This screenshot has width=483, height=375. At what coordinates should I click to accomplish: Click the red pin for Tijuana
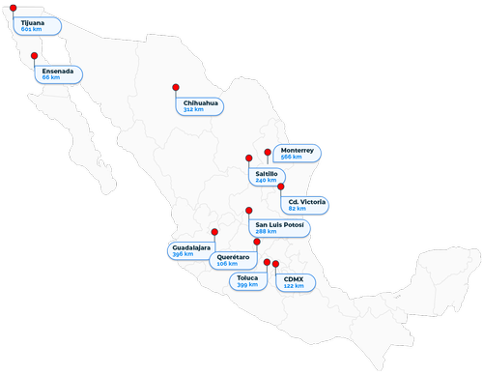click(x=13, y=8)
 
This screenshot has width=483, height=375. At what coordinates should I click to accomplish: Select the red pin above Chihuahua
click(x=176, y=86)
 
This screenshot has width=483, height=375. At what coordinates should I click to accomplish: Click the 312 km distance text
click(x=193, y=110)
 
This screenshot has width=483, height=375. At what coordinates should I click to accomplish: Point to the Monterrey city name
click(x=297, y=150)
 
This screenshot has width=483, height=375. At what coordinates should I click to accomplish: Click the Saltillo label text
click(x=268, y=173)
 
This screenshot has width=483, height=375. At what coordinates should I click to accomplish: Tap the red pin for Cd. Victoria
click(x=281, y=187)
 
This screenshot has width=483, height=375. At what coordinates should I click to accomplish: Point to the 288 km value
click(x=265, y=232)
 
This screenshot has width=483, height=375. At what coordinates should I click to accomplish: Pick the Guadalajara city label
click(x=191, y=247)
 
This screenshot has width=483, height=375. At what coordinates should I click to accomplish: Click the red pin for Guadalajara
click(x=214, y=232)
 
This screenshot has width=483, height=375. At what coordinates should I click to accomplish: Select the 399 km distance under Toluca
click(x=247, y=286)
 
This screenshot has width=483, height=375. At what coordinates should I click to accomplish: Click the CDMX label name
click(x=292, y=278)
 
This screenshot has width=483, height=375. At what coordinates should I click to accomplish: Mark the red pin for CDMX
click(x=275, y=263)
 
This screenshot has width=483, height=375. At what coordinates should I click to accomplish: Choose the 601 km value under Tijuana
click(x=28, y=29)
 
